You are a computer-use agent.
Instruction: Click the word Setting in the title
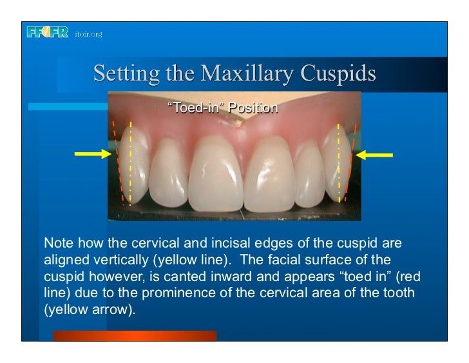click(125, 74)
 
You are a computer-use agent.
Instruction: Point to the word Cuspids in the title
click(341, 74)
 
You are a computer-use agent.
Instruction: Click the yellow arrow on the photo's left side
click(94, 154)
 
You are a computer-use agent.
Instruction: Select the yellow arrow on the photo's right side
click(374, 154)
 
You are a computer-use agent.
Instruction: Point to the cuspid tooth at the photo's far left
click(131, 164)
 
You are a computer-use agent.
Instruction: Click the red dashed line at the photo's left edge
click(117, 161)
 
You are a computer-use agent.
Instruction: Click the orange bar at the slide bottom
click(135, 335)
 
